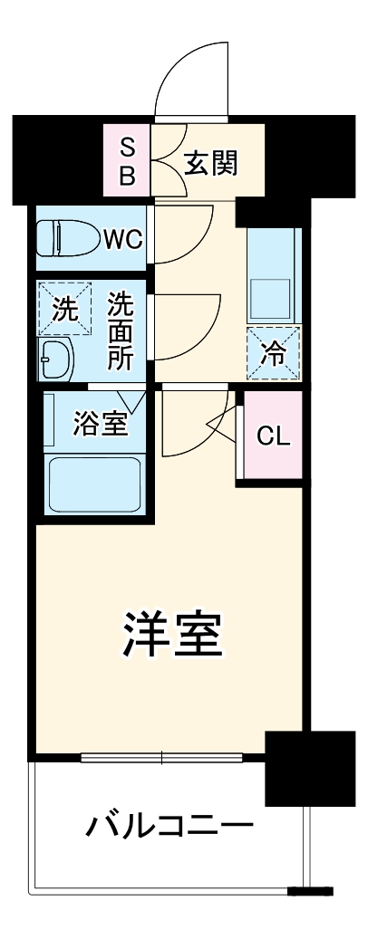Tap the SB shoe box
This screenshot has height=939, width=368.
point(128,161)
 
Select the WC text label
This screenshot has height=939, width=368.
point(122,239)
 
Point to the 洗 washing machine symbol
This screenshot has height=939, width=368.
point(64,310)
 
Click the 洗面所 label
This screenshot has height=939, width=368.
point(121,331)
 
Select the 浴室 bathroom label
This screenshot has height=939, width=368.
point(100,424)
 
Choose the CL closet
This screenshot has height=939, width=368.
point(273,436)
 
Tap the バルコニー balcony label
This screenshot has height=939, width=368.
point(169,825)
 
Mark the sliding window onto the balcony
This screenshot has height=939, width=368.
point(172,756)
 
